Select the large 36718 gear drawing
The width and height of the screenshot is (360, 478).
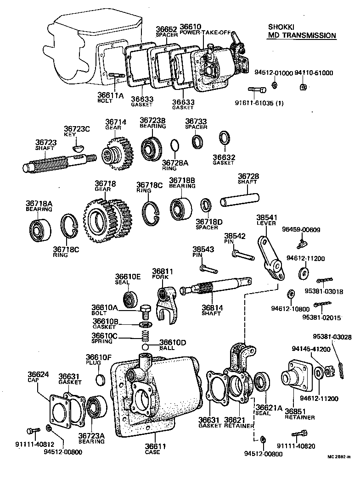pyautogui.click(x=104, y=219)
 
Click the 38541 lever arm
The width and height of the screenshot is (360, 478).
pyautogui.click(x=271, y=259)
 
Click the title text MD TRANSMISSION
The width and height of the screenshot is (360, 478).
pyautogui.click(x=302, y=35)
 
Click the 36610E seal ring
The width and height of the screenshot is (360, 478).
pyautogui.click(x=131, y=298)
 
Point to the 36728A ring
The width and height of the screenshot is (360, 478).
pyautogui.click(x=175, y=146)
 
